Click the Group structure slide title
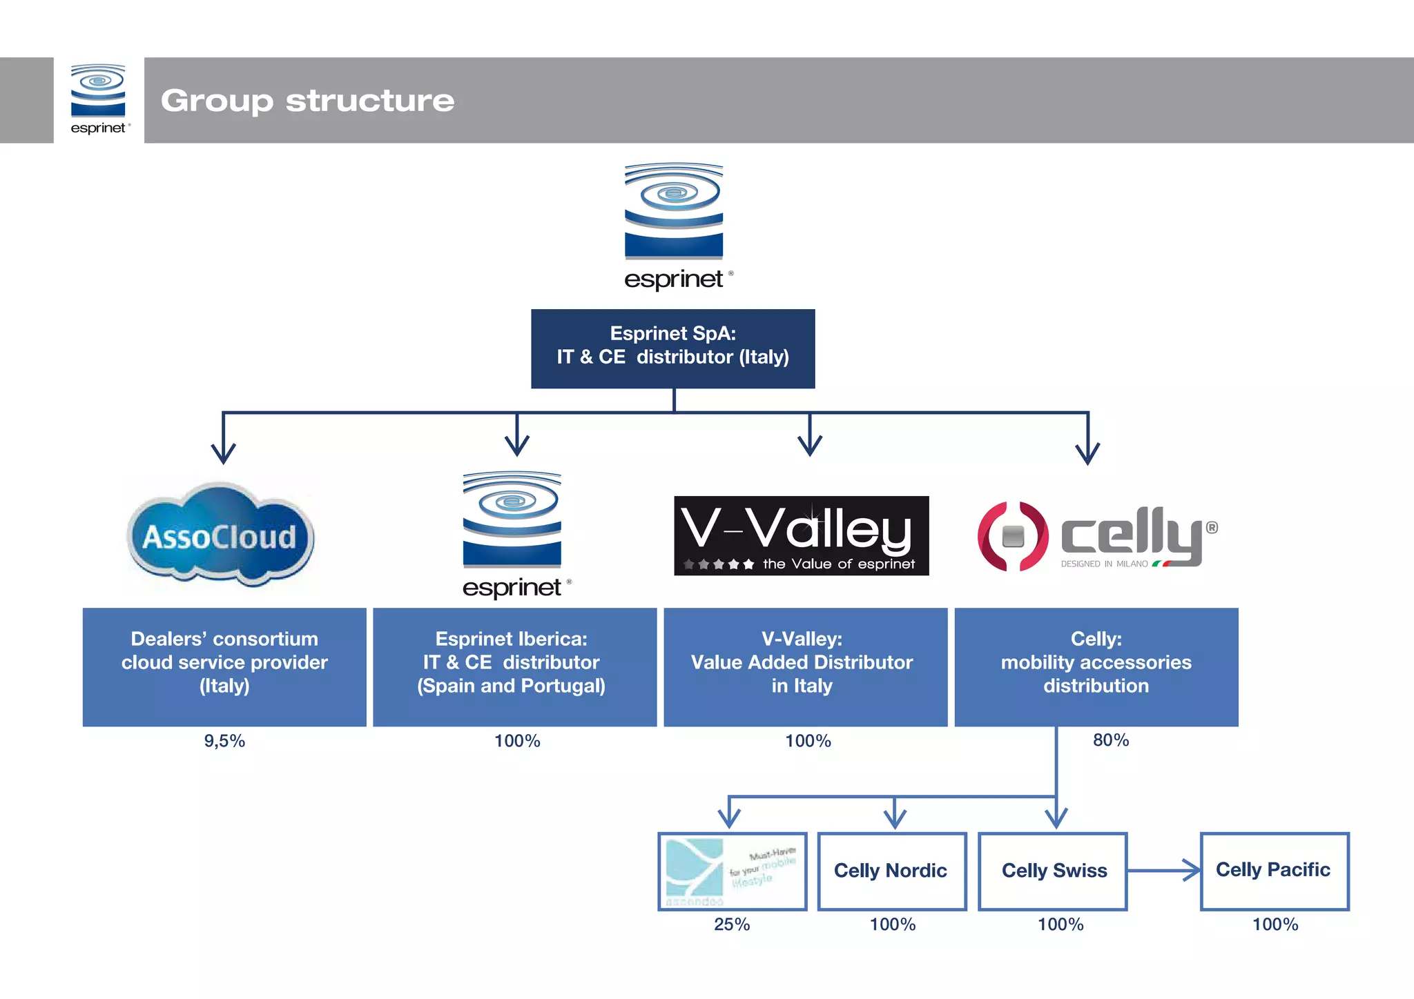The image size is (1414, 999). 307,101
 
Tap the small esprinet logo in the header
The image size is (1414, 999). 98,99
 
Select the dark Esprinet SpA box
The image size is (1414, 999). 672,348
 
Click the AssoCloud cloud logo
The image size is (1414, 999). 220,535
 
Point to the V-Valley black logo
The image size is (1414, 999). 801,535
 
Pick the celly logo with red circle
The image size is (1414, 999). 1096,536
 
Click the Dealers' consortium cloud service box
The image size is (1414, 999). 224,666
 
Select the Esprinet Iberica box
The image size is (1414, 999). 514,666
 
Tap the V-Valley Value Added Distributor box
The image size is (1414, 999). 805,666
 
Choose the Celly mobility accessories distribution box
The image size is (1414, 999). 1096,666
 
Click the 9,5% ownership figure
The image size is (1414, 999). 224,741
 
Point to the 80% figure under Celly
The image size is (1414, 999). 1110,740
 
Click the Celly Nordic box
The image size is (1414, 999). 891,871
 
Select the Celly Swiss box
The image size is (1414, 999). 1053,871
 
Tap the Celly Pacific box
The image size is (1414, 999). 1274,870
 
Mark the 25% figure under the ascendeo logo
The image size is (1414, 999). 732,924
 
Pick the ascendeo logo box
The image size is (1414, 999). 732,871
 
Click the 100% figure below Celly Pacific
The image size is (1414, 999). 1275,924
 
